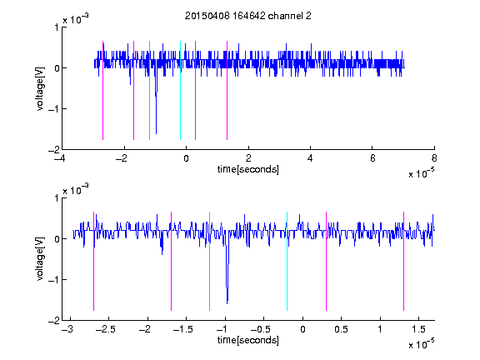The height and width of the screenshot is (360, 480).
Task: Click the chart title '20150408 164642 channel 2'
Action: pos(248,16)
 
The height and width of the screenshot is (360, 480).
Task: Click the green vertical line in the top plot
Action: pos(149,90)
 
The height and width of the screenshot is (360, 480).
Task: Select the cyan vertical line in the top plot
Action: pos(180,90)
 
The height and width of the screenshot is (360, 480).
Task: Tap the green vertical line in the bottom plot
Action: pos(209,261)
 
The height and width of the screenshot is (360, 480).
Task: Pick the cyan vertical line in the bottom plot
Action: pos(287,261)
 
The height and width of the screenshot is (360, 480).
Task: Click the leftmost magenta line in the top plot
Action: pos(102,90)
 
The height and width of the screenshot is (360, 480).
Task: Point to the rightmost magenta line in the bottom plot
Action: pos(403,261)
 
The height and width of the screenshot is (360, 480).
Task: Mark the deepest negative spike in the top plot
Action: pos(156,132)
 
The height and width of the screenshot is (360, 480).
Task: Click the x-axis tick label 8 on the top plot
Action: pos(434,158)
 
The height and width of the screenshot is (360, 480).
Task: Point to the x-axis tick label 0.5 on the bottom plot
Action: pos(342,329)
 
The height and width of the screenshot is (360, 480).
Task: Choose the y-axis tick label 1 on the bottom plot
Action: pos(57,198)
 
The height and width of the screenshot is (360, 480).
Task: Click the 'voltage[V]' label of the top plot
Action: pos(40,89)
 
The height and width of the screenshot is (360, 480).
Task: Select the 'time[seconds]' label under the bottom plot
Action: pos(248,340)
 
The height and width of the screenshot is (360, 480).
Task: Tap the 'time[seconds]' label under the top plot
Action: pos(248,169)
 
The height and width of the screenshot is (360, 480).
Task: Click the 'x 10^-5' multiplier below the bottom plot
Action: pos(422,343)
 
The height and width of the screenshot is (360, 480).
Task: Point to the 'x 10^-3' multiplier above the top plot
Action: pos(76,18)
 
